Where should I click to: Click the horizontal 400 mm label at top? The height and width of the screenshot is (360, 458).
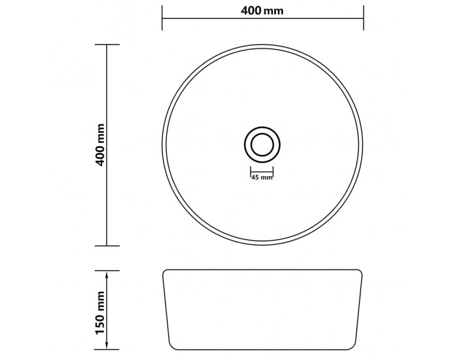click(262, 11)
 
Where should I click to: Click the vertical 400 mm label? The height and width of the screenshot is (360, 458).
click(100, 145)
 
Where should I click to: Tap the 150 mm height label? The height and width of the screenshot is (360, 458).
click(100, 312)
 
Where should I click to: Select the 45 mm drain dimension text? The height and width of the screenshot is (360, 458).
click(262, 177)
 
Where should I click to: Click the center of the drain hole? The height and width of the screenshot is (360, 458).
click(262, 145)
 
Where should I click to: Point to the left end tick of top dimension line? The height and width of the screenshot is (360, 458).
click(162, 18)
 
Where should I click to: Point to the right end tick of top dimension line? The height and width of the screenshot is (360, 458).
click(363, 18)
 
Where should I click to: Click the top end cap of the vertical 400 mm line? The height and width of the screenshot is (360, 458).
click(107, 45)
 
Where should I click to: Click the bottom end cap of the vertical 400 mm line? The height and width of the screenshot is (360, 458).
click(107, 245)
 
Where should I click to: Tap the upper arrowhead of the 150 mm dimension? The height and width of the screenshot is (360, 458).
click(107, 275)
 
